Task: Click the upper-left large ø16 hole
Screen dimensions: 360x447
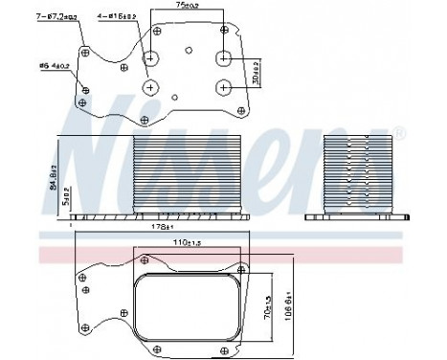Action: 152,58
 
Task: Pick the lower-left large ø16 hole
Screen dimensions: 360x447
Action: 152,87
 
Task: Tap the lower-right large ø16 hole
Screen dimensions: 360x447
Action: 224,87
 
